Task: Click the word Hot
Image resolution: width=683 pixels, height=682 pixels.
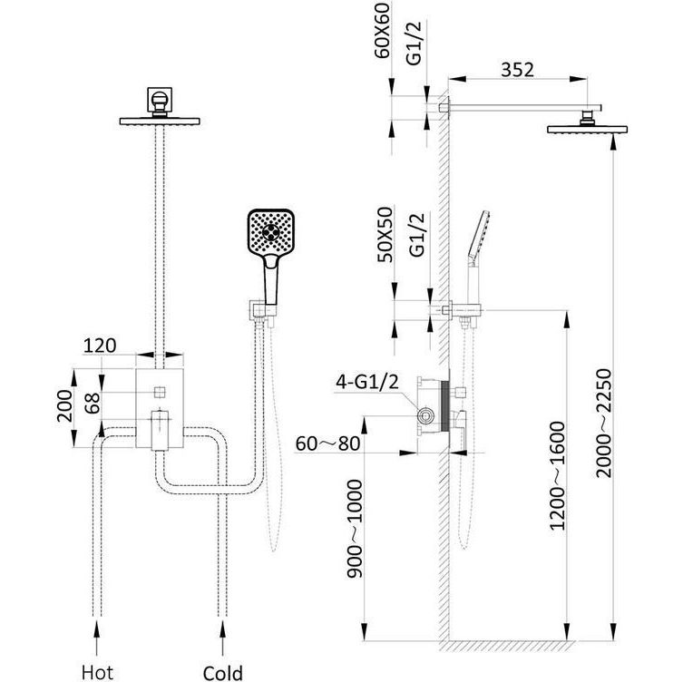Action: pyautogui.click(x=97, y=672)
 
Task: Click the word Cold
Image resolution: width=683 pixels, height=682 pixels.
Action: pyautogui.click(x=222, y=672)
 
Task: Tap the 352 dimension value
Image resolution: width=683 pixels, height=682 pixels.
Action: pyautogui.click(x=517, y=70)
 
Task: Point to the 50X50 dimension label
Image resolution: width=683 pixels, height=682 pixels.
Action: pyautogui.click(x=385, y=235)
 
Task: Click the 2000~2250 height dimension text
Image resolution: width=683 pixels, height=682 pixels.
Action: pyautogui.click(x=604, y=423)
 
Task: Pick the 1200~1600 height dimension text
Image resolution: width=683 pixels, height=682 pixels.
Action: pyautogui.click(x=557, y=475)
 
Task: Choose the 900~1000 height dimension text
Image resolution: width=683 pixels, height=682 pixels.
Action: pyautogui.click(x=354, y=529)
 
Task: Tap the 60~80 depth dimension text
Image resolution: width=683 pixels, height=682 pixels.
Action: pyautogui.click(x=327, y=443)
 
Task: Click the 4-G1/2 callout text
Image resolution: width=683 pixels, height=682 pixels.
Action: pyautogui.click(x=366, y=382)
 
